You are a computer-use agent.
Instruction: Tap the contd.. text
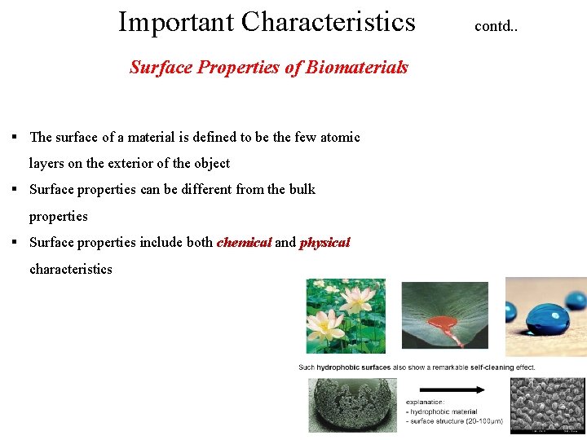pyautogui.click(x=496, y=26)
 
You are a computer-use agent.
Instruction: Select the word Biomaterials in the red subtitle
pyautogui.click(x=356, y=68)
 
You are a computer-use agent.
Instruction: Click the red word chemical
pyautogui.click(x=244, y=243)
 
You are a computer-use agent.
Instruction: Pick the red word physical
pyautogui.click(x=324, y=243)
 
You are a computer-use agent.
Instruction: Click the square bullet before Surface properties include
pyautogui.click(x=15, y=243)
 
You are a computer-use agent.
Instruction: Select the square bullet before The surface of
pyautogui.click(x=15, y=137)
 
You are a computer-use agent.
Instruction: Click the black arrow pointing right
pyautogui.click(x=452, y=389)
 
